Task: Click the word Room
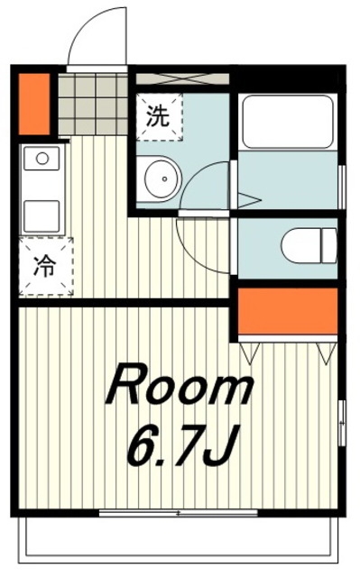click(x=180, y=385)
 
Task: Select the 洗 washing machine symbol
click(x=160, y=116)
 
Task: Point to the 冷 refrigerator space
click(x=46, y=267)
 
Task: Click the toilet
click(x=309, y=245)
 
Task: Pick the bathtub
click(x=288, y=123)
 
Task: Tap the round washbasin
click(x=162, y=179)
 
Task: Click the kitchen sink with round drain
click(x=42, y=159)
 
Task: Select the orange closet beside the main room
click(x=288, y=310)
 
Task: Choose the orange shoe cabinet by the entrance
click(x=34, y=105)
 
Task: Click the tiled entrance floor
click(x=93, y=105)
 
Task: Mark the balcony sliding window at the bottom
click(x=178, y=513)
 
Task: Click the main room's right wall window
click(x=342, y=423)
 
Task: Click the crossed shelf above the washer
click(x=182, y=78)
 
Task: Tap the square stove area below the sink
click(x=42, y=216)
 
